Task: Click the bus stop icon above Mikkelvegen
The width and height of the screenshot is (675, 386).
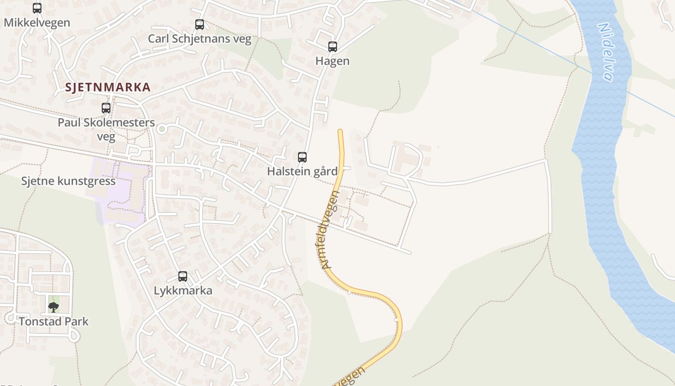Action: point(37,8)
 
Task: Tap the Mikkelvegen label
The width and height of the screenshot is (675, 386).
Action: point(37,22)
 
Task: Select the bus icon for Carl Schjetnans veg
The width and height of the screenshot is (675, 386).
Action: point(200,24)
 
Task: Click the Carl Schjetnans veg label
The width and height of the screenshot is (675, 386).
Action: point(200,39)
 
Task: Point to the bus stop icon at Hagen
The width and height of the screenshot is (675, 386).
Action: point(333,47)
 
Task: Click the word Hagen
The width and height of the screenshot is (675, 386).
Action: point(333,61)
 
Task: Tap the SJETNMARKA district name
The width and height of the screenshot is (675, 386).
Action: point(108,87)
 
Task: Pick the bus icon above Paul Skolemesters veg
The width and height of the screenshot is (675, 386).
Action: point(106,108)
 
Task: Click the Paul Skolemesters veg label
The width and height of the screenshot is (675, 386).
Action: point(106,129)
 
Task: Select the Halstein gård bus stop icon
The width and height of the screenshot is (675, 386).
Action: point(302,157)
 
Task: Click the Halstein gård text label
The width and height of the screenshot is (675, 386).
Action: point(302,171)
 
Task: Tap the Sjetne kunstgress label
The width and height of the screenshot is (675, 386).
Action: point(68,181)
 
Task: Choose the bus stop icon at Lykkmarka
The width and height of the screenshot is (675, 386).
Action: point(183,276)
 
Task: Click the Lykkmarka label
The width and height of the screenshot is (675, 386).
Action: point(183,291)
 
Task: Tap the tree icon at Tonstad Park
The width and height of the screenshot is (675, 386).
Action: point(54,307)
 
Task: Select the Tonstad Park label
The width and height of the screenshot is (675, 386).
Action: point(54,321)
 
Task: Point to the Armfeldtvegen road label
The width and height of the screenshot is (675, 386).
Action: point(330,229)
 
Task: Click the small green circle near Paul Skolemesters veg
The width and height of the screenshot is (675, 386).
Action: point(162,129)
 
